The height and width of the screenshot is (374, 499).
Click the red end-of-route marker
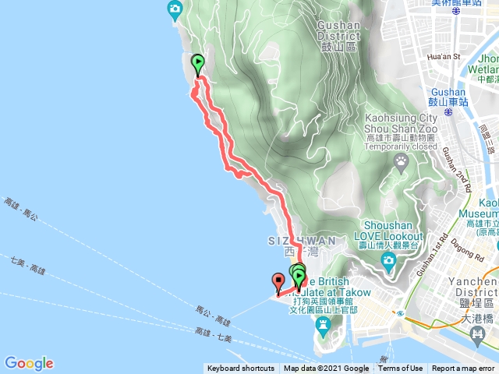point(278,280)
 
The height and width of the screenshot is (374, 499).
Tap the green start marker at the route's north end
point(198,62)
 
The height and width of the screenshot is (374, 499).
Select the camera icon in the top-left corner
point(175,9)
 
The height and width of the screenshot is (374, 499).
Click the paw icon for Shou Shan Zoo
point(402,162)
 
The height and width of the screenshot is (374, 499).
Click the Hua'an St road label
point(445,56)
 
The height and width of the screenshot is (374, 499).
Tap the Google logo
point(29,363)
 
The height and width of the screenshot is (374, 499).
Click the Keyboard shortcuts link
point(241,369)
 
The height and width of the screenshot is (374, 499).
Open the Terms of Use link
point(401,369)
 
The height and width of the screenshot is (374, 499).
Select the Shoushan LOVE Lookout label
point(388,231)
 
